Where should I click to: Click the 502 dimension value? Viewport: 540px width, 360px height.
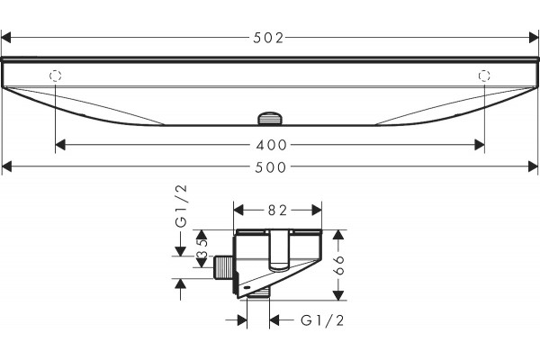click(x=268, y=38)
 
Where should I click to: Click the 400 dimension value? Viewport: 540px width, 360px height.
click(x=272, y=145)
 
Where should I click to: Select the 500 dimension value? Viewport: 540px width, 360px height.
click(x=271, y=167)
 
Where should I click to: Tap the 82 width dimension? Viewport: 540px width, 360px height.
click(x=277, y=210)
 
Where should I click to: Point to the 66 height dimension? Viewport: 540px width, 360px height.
click(x=339, y=265)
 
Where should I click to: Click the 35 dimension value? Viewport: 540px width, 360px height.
click(x=202, y=249)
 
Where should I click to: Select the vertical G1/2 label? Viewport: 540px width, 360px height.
click(x=181, y=206)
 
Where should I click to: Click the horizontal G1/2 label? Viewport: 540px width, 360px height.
click(x=322, y=320)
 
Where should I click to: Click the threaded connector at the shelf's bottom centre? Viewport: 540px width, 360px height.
click(x=270, y=119)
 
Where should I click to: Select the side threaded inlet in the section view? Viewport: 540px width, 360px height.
click(x=223, y=267)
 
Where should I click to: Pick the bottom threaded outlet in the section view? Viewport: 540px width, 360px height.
click(x=258, y=293)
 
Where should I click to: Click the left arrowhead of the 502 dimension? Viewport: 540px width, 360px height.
click(x=6, y=38)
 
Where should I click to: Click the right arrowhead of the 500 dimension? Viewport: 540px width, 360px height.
click(x=533, y=166)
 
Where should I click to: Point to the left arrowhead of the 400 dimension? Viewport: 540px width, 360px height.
click(x=60, y=145)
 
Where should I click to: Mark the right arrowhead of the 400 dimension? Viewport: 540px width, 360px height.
click(x=480, y=145)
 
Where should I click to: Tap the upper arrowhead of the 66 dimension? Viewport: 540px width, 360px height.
click(x=339, y=235)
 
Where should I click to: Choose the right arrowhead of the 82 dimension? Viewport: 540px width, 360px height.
click(x=317, y=210)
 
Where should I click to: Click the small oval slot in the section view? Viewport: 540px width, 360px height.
click(x=247, y=286)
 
